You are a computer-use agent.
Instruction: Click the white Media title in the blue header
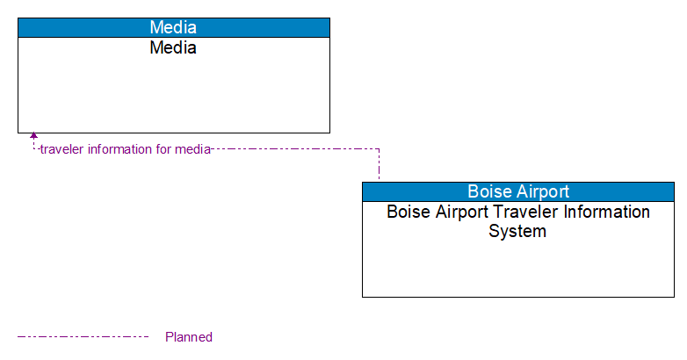pos(173,27)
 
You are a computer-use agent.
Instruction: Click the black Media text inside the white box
pos(173,48)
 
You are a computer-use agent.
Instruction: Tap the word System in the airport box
pos(517,232)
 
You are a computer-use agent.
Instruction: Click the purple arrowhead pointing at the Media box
pos(33,136)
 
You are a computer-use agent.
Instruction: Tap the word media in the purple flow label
pos(192,149)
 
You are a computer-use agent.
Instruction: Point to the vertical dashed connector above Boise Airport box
pos(379,166)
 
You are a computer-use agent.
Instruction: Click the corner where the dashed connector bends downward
pos(379,149)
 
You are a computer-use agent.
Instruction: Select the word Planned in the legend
pos(189,337)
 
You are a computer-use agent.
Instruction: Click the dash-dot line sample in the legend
pos(83,336)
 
